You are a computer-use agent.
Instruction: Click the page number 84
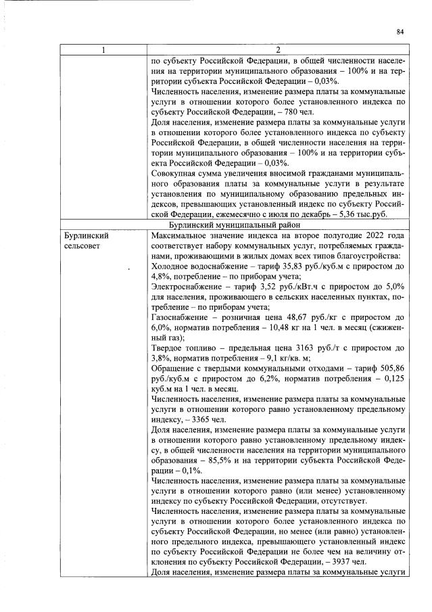point(400,31)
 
